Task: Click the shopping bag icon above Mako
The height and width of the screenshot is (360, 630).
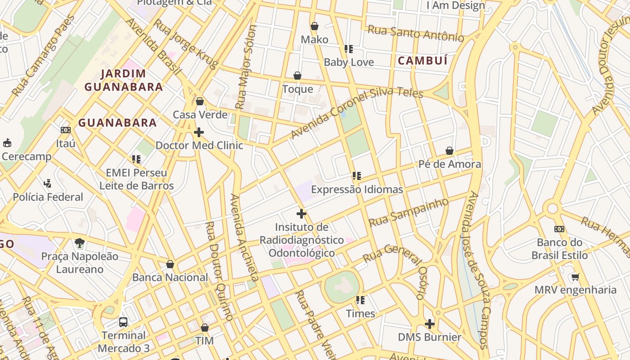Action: (x=315, y=26)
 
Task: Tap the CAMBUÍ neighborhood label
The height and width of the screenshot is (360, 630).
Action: (x=423, y=61)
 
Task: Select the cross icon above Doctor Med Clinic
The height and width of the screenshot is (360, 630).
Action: (x=198, y=132)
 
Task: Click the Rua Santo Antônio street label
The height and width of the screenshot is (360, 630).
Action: (x=415, y=33)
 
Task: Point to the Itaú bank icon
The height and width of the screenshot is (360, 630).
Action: (x=66, y=130)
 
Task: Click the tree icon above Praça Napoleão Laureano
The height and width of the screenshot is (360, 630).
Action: (x=80, y=243)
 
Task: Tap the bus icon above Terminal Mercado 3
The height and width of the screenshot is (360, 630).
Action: (x=123, y=322)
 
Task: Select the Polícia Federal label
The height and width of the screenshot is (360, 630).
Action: (x=48, y=197)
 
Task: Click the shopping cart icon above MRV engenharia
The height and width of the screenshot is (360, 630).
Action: (x=575, y=277)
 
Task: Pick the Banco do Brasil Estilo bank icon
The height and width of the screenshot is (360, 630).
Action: (x=559, y=229)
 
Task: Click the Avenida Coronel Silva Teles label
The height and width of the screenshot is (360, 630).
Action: (x=356, y=112)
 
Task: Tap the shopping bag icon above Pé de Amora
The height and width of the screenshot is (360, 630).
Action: (x=449, y=151)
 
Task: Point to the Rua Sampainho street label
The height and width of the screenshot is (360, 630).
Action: (x=409, y=212)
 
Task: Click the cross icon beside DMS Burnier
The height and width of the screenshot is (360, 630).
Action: (x=430, y=324)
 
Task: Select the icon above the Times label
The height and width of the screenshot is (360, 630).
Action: (x=360, y=300)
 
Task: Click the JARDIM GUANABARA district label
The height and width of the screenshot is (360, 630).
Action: (x=124, y=81)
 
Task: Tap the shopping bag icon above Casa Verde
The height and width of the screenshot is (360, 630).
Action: (x=200, y=101)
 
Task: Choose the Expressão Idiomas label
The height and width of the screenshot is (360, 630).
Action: (x=357, y=189)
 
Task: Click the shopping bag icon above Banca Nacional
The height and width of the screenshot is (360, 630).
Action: (x=170, y=264)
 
